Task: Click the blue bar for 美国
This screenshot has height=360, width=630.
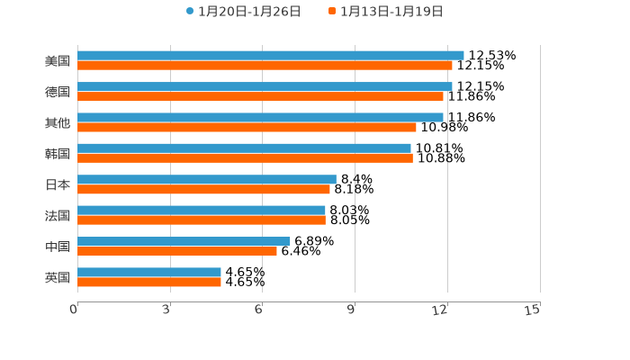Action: click(x=270, y=56)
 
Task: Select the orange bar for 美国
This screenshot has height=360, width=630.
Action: click(x=265, y=66)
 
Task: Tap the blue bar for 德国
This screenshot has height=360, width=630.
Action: click(x=265, y=86)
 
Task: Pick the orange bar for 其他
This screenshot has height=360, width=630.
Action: click(x=247, y=127)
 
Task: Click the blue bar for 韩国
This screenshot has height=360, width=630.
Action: click(x=244, y=148)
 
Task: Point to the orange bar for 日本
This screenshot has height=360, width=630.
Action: click(x=203, y=189)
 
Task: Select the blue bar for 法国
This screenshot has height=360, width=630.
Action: click(x=202, y=211)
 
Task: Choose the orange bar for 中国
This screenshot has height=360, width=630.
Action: click(x=177, y=251)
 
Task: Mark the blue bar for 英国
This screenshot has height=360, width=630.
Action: click(x=149, y=272)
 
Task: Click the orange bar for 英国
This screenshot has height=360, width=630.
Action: click(x=149, y=282)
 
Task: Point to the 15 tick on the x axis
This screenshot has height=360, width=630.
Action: click(x=533, y=310)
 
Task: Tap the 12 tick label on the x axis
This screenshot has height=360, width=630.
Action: click(x=440, y=310)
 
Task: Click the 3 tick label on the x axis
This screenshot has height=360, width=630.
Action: click(x=166, y=310)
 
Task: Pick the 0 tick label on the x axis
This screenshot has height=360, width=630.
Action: click(x=74, y=310)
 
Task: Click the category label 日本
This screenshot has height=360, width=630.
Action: click(x=58, y=184)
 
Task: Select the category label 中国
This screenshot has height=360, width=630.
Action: click(x=58, y=247)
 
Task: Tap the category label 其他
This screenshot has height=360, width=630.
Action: click(x=58, y=122)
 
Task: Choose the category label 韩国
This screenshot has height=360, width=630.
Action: click(x=58, y=153)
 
